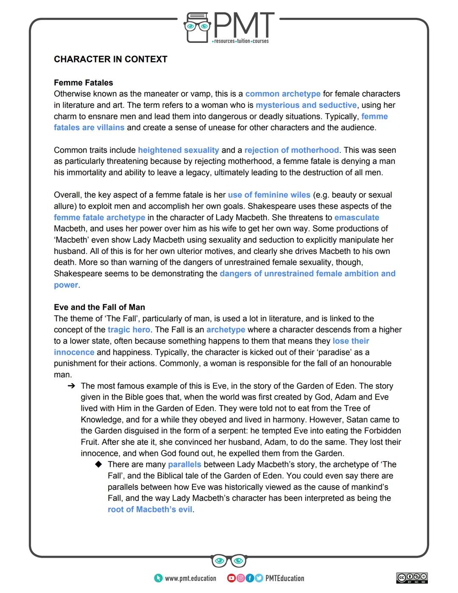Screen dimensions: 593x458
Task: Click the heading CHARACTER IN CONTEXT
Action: pyautogui.click(x=110, y=59)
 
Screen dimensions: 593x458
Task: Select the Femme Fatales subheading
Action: pyautogui.click(x=84, y=83)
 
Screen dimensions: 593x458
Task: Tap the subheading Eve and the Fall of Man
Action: pyautogui.click(x=99, y=307)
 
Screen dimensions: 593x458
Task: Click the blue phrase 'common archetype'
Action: pyautogui.click(x=283, y=94)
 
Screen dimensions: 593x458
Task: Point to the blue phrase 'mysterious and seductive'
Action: pyautogui.click(x=306, y=105)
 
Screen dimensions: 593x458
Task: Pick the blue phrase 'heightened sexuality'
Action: pyautogui.click(x=179, y=150)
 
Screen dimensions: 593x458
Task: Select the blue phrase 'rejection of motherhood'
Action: pyautogui.click(x=291, y=150)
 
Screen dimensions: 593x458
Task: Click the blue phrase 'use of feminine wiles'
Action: pyautogui.click(x=269, y=195)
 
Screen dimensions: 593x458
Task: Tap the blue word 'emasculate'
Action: pyautogui.click(x=357, y=217)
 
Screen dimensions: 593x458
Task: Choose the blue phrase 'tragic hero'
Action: pyautogui.click(x=128, y=330)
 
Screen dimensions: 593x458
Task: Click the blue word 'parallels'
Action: pyautogui.click(x=184, y=464)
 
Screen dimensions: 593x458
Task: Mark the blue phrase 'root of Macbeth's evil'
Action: pyautogui.click(x=150, y=509)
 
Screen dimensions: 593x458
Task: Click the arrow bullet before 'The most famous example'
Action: pyautogui.click(x=71, y=386)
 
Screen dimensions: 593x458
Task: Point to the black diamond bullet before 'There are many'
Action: pyautogui.click(x=98, y=464)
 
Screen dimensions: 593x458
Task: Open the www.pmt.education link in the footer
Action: pyautogui.click(x=190, y=578)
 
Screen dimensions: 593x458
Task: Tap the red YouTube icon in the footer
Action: pyautogui.click(x=231, y=578)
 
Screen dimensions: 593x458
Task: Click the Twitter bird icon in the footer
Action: pyautogui.click(x=259, y=578)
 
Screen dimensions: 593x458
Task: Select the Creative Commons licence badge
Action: pyautogui.click(x=412, y=578)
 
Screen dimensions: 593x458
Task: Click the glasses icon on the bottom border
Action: pyautogui.click(x=229, y=561)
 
